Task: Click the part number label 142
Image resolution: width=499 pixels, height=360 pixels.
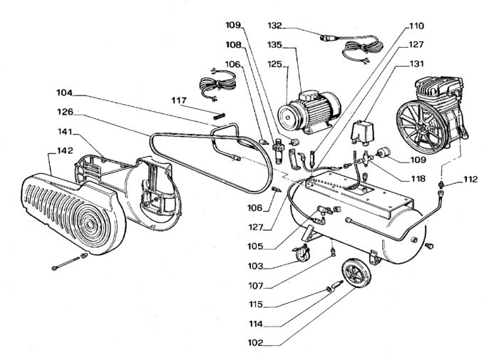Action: point(66,150)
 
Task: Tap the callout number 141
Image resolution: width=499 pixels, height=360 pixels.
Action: point(66,131)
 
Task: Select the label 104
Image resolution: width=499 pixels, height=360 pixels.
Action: point(65,93)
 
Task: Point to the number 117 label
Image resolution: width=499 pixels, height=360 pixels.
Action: point(179,101)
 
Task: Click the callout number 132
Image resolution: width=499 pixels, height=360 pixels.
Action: point(274,26)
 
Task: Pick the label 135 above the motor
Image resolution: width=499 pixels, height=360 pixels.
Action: point(274,45)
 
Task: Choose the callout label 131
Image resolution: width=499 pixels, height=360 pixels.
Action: point(416,63)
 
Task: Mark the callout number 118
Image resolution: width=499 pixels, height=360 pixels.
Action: point(418,178)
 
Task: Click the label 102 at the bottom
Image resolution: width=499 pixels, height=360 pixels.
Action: point(256,343)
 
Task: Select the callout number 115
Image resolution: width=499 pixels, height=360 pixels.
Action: point(256,304)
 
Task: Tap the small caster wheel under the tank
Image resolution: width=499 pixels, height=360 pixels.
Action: point(302,254)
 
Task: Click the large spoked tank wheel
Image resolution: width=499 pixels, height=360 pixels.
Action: point(356,274)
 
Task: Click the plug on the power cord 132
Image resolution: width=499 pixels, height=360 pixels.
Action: point(328,38)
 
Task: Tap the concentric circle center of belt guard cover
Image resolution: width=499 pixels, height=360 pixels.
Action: point(90,224)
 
